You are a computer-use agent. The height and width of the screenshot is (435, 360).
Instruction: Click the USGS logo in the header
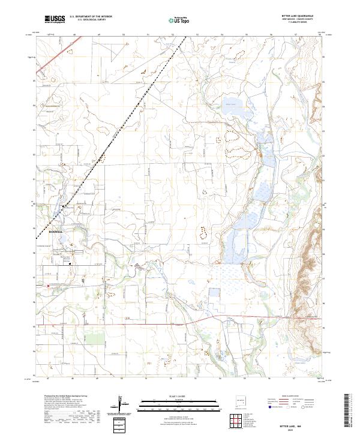[x=55, y=19]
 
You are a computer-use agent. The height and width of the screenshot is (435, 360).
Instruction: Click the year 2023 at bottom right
[x=308, y=429]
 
